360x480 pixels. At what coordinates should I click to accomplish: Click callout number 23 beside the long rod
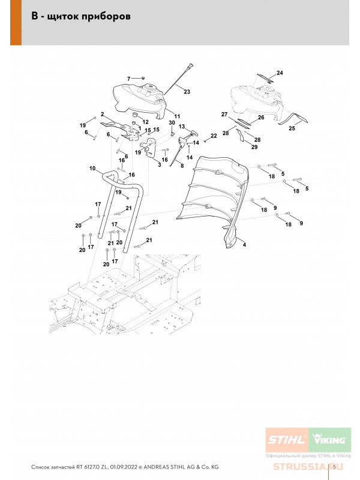[187, 92]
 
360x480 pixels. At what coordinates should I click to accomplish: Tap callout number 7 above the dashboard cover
[128, 79]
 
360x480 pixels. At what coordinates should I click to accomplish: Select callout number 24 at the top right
[280, 73]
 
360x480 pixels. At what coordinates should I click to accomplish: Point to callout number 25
[292, 128]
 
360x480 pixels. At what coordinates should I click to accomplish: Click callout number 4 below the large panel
[244, 245]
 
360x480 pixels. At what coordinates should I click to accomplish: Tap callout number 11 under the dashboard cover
[177, 115]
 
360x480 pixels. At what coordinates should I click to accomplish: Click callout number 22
[214, 137]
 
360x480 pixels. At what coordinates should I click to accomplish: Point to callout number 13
[181, 127]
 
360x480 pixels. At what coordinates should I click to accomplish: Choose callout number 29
[254, 147]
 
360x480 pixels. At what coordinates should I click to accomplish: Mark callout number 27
[224, 114]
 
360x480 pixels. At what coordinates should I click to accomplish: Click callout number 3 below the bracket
[160, 164]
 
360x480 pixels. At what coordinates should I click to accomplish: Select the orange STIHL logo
[286, 440]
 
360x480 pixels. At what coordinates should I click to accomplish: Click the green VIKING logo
[328, 440]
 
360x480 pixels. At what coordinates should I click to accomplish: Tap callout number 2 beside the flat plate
[103, 114]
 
